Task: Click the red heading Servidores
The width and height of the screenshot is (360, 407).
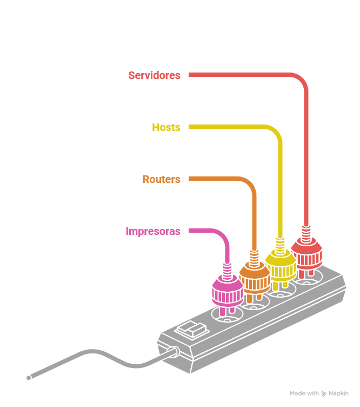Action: coord(154,75)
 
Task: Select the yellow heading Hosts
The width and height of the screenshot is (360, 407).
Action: coord(166,127)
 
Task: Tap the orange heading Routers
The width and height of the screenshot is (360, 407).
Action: coord(161,179)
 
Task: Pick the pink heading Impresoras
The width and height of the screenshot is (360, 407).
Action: coord(153,231)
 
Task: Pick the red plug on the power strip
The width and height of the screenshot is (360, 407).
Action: coord(306,252)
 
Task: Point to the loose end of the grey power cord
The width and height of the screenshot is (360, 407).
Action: coord(29,377)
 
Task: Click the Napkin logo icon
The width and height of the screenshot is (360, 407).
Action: coord(324,393)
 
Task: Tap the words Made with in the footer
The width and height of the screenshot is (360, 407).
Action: coord(304,393)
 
